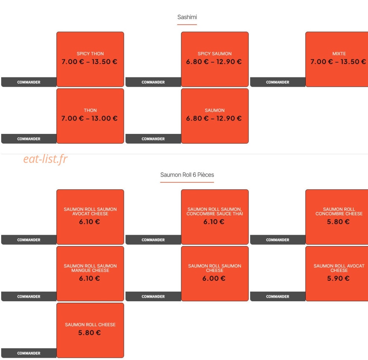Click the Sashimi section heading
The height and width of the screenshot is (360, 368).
187,17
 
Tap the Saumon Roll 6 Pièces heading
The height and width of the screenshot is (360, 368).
187,175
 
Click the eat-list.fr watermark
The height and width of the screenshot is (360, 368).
45,159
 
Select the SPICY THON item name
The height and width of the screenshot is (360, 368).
90,54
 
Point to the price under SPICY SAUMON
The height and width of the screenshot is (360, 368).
214,62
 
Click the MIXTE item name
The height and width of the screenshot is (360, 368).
339,54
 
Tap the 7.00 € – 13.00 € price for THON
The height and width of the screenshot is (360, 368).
89,118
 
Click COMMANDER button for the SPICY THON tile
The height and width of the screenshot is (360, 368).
29,82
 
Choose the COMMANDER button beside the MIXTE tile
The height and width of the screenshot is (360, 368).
278,82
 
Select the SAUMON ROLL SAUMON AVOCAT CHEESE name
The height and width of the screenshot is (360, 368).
90,212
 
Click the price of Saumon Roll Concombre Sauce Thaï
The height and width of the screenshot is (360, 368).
214,222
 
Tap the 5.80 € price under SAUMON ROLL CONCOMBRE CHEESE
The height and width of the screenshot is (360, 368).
338,222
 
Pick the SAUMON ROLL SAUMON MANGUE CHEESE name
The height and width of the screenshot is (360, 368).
90,268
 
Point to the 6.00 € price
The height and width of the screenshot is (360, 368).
214,279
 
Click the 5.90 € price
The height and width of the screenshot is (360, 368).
338,279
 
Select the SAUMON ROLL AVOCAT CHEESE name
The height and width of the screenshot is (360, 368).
339,268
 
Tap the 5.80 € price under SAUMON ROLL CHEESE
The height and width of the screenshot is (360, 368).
89,333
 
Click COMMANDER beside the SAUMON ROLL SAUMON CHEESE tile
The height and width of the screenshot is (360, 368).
153,296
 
